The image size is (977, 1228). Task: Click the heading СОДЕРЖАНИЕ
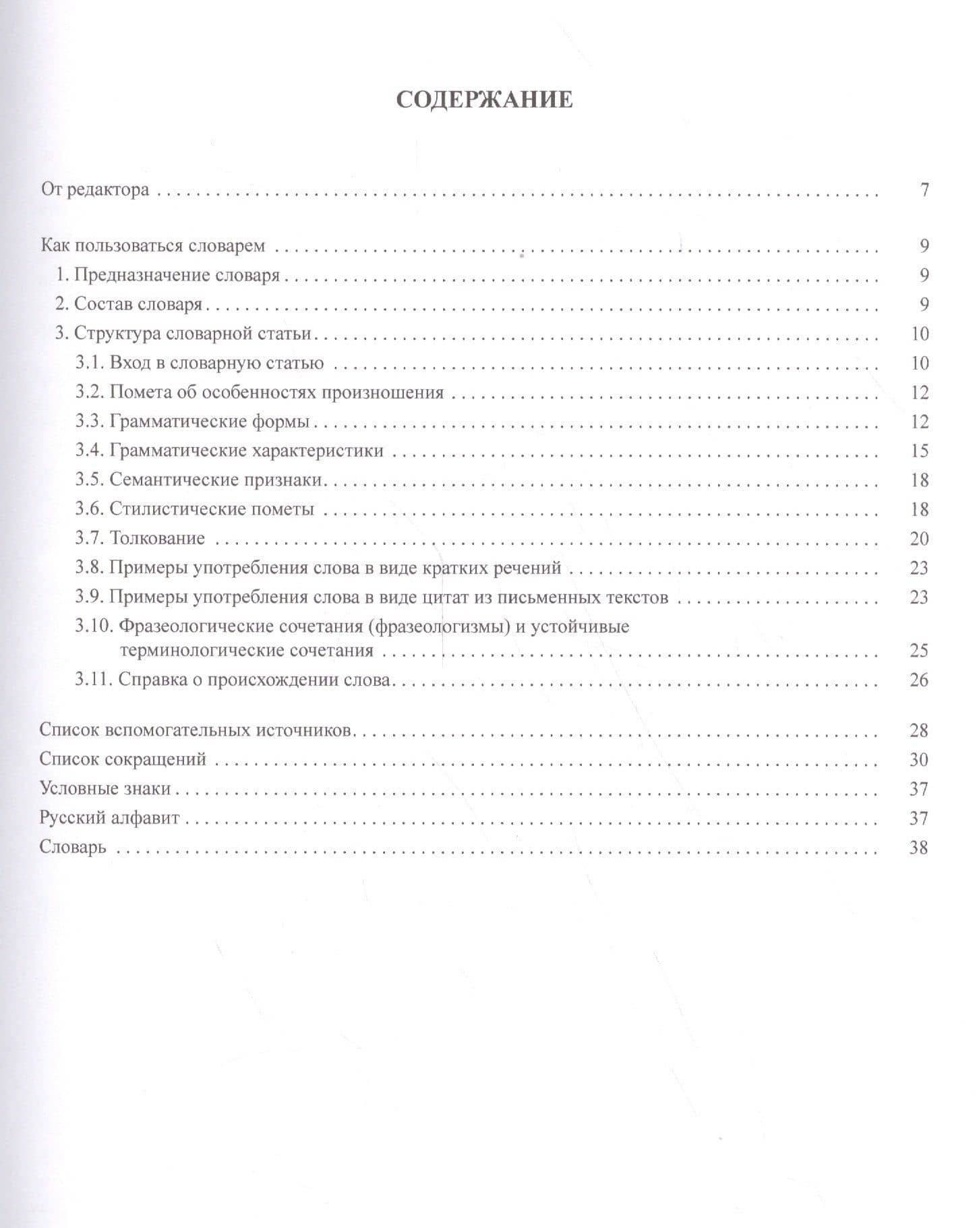pyautogui.click(x=484, y=100)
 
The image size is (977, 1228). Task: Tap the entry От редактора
pyautogui.click(x=95, y=189)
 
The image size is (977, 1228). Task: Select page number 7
pyautogui.click(x=924, y=189)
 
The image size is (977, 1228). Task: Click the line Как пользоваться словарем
pyautogui.click(x=153, y=245)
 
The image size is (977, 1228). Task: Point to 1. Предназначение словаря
pyautogui.click(x=167, y=275)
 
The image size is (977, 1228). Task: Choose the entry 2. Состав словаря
pyautogui.click(x=129, y=304)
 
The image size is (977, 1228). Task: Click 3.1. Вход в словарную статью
pyautogui.click(x=200, y=363)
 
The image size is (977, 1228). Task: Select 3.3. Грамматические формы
pyautogui.click(x=192, y=422)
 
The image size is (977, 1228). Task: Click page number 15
pyautogui.click(x=920, y=451)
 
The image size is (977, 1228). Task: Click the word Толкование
pyautogui.click(x=157, y=539)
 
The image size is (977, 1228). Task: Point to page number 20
pyautogui.click(x=920, y=539)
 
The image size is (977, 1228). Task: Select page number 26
pyautogui.click(x=920, y=680)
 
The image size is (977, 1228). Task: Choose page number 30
pyautogui.click(x=920, y=760)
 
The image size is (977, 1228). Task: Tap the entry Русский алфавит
pyautogui.click(x=110, y=819)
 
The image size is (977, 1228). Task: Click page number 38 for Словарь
pyautogui.click(x=920, y=848)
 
